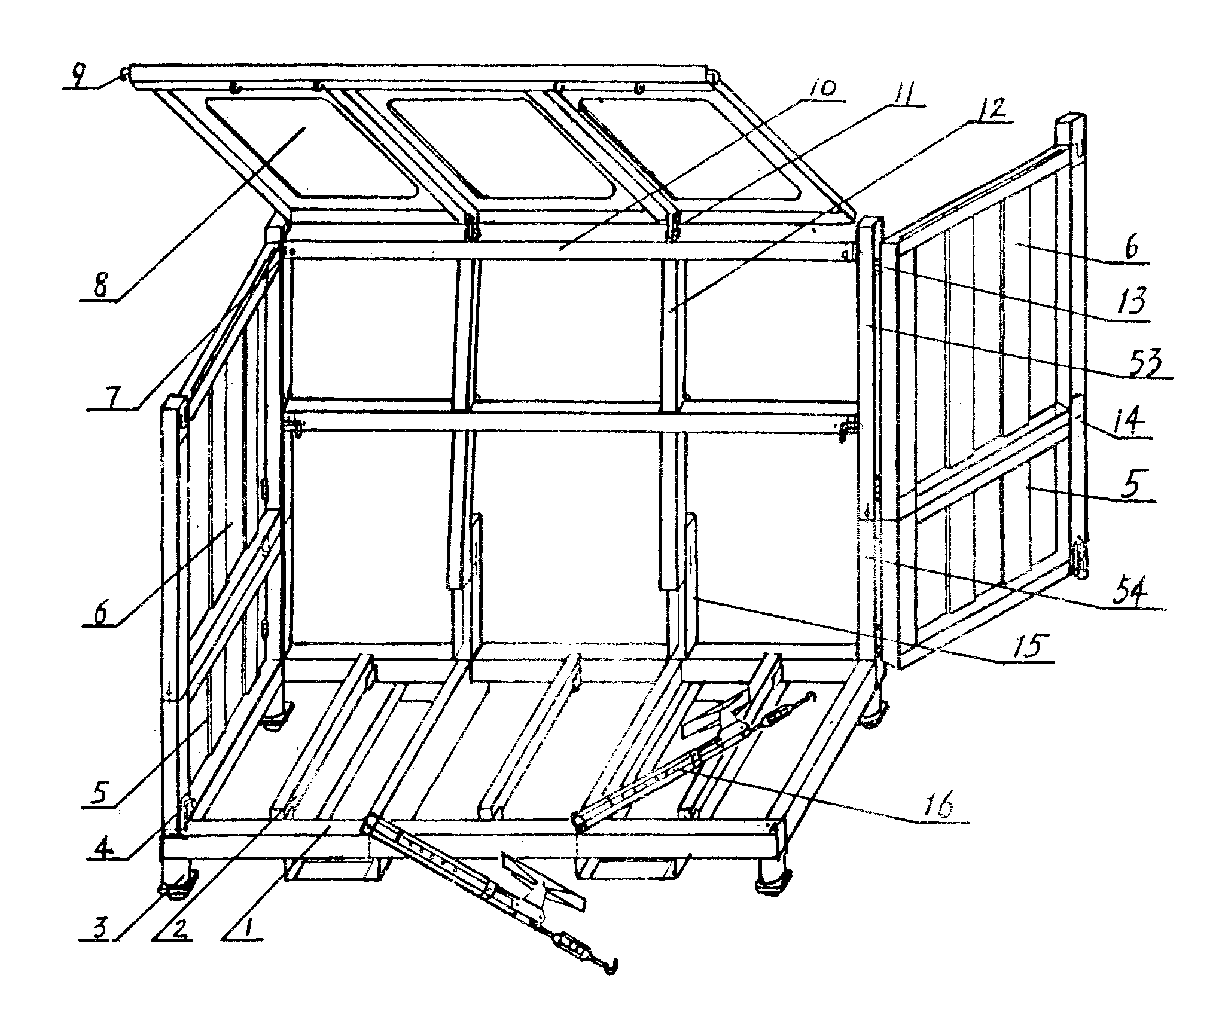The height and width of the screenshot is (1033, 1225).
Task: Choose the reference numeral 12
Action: tap(988, 109)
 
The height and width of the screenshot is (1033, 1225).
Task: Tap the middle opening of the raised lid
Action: tap(502, 149)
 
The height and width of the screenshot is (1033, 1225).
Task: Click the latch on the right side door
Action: tap(1080, 560)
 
